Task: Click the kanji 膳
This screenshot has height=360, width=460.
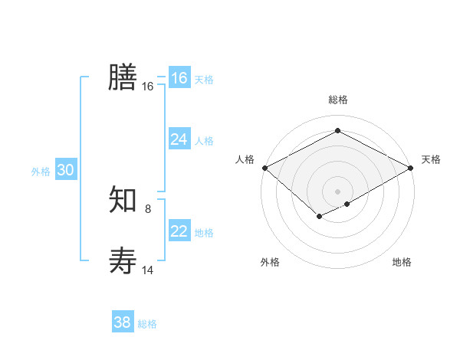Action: (123, 77)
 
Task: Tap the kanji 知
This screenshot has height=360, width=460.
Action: (123, 201)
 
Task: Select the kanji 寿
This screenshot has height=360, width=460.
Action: (123, 261)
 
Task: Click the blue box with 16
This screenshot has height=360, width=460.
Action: (179, 78)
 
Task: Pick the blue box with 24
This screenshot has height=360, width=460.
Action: (179, 139)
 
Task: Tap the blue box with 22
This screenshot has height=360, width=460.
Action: (179, 231)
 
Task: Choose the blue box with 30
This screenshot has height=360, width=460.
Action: (65, 170)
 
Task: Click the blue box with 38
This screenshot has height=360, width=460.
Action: (123, 322)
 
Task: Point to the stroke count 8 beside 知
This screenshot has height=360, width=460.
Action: (148, 208)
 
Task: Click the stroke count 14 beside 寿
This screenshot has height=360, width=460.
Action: (147, 270)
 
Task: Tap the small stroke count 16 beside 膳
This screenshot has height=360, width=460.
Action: (147, 87)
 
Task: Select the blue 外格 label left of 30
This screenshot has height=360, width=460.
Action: (41, 172)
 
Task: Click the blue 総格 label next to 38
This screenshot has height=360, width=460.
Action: (147, 324)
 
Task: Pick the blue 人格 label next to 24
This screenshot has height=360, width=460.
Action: (204, 141)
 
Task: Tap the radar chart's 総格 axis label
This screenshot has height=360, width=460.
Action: (337, 100)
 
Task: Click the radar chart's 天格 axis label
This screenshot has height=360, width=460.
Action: (431, 159)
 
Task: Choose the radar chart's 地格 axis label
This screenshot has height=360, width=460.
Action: (402, 262)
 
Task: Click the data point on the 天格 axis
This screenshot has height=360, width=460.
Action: (412, 168)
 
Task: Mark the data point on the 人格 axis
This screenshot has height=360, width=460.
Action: (264, 168)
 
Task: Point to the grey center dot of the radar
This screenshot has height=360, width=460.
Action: (337, 191)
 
